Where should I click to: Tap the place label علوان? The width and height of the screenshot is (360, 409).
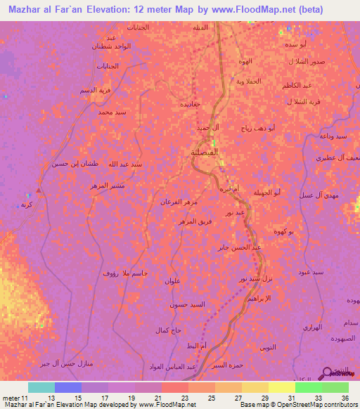(x=173, y=281)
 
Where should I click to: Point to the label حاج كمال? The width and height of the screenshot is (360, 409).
(x=168, y=330)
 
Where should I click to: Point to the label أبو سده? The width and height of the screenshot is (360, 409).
(x=293, y=44)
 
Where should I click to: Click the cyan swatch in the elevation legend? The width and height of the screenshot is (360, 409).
(x=41, y=387)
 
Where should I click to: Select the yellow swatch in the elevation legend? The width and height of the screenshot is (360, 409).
(x=281, y=387)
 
